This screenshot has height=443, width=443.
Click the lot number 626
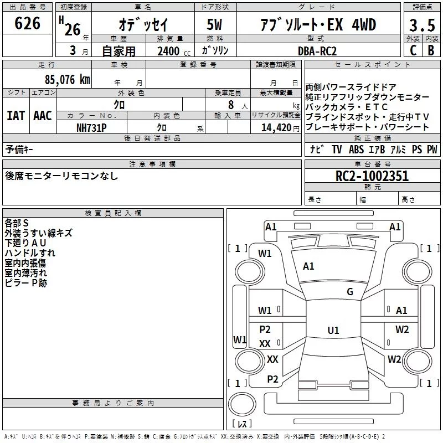click(x=27, y=23)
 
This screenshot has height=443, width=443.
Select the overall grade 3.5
click(x=422, y=25)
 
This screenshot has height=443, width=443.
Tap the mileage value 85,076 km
click(x=68, y=80)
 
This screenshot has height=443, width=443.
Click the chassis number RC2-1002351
click(x=372, y=176)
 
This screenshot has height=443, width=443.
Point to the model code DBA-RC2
click(x=317, y=51)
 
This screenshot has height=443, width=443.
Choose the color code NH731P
click(x=91, y=128)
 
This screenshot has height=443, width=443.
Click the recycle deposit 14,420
click(x=276, y=128)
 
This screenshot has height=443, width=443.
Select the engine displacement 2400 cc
click(x=174, y=51)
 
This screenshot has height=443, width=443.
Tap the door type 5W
click(x=214, y=24)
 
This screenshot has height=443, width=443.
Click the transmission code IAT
click(x=16, y=116)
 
